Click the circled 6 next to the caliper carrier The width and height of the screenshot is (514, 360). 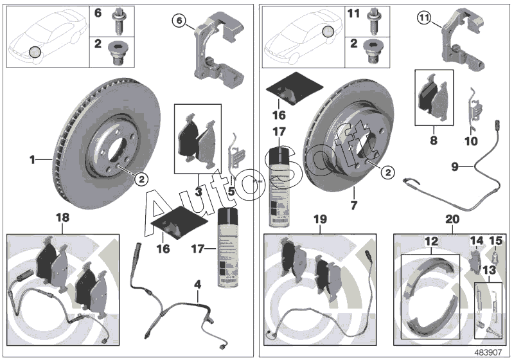[180, 21]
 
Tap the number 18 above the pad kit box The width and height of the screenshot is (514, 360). [62, 219]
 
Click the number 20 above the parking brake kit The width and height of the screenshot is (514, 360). [452, 219]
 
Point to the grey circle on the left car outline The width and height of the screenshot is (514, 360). [35, 51]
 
